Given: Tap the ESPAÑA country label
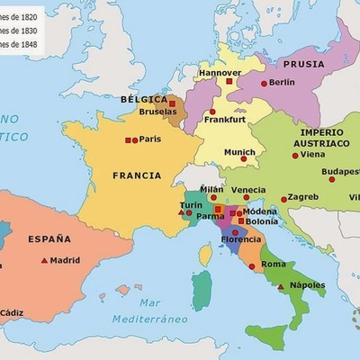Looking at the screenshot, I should pyautogui.click(x=49, y=239).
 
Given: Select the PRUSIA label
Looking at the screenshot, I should pyautogui.click(x=302, y=65).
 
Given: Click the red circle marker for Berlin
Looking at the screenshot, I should pyautogui.click(x=264, y=83).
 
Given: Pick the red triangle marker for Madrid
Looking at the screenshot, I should pyautogui.click(x=43, y=260).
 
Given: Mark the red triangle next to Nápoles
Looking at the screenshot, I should pyautogui.click(x=282, y=286).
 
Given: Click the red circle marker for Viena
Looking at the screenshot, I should pyautogui.click(x=294, y=155).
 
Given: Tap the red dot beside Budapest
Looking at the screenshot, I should pyautogui.click(x=331, y=179).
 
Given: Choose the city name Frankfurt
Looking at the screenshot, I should pyautogui.click(x=225, y=120).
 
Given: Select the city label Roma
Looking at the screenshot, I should pyautogui.click(x=274, y=264).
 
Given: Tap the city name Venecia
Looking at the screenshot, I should pyautogui.click(x=248, y=190).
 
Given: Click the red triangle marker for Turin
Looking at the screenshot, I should pyautogui.click(x=180, y=213).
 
